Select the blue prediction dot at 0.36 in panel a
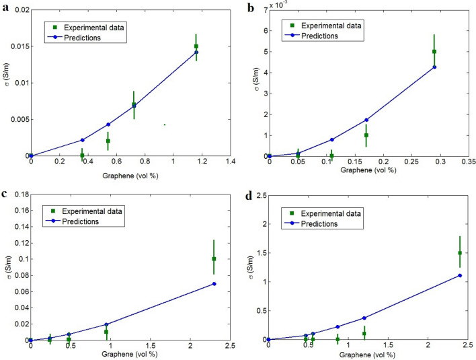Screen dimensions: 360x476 pos(82,140)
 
